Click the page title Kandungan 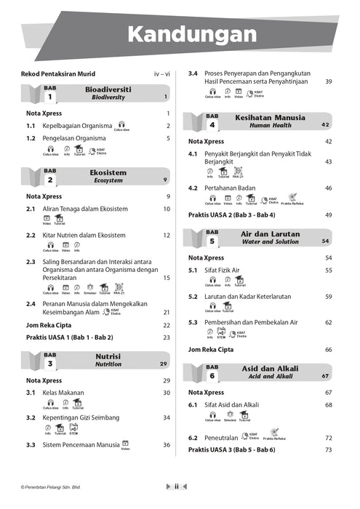191,35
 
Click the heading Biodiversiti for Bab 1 109,88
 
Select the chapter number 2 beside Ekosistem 50,180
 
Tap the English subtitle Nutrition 108,364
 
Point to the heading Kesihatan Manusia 269,117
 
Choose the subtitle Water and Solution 269,241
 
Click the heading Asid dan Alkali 270,369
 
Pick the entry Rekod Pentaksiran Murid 60,73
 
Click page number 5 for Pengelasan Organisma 168,137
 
